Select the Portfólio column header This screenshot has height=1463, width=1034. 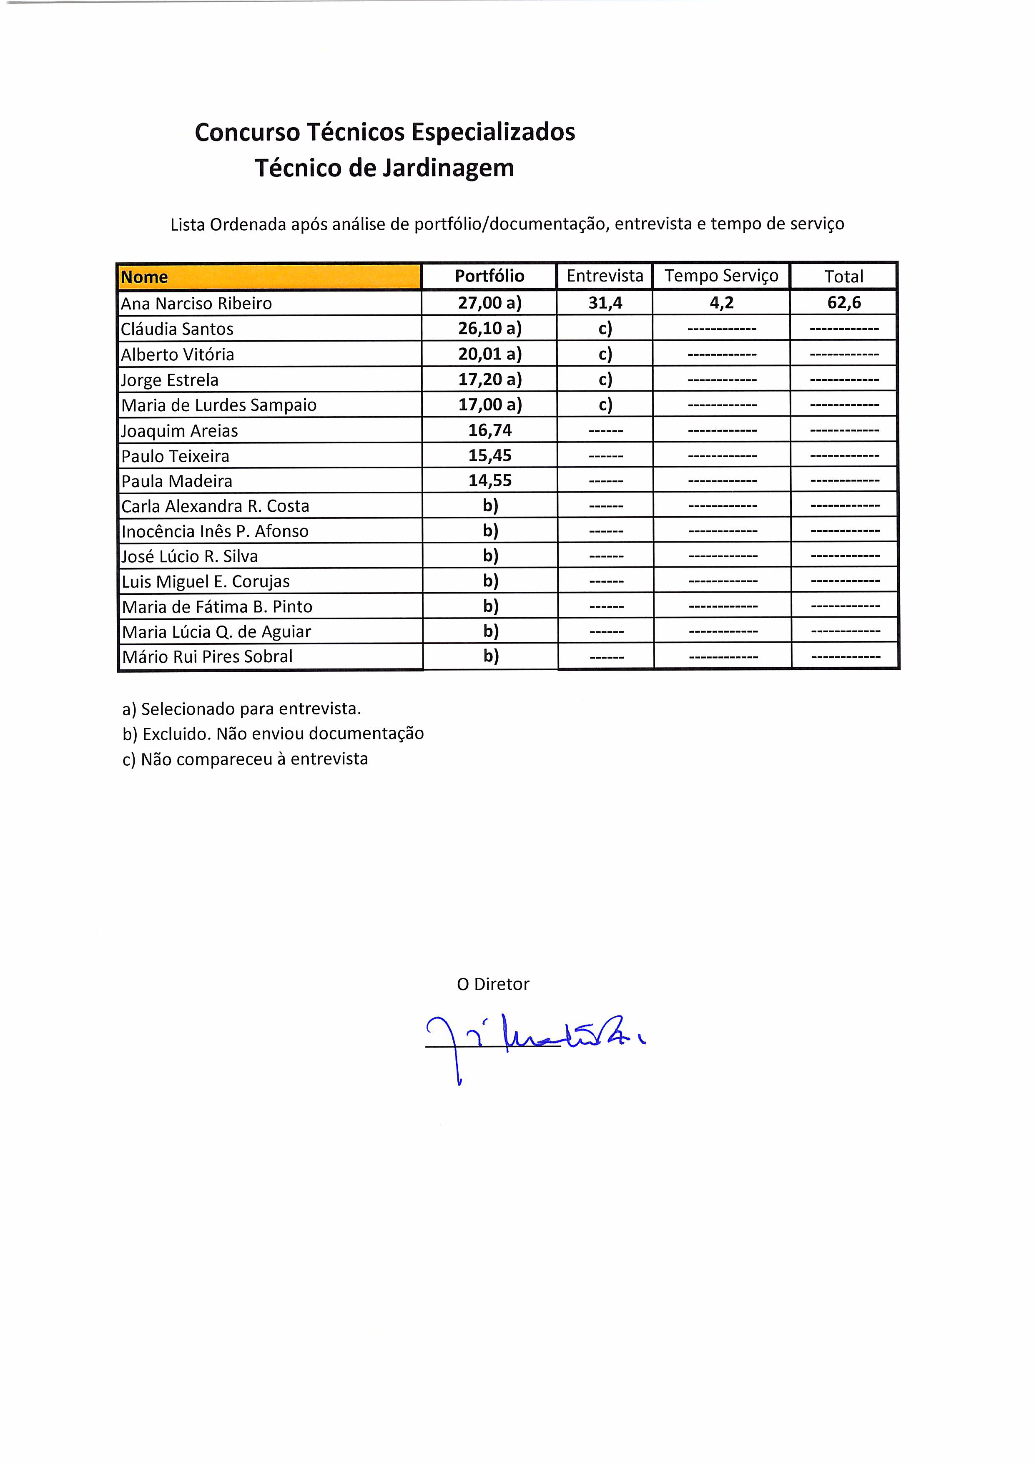click(x=489, y=276)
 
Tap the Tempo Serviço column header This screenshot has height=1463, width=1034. click(x=721, y=276)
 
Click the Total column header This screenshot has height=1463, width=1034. click(x=843, y=277)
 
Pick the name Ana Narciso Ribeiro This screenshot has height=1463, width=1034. click(x=196, y=303)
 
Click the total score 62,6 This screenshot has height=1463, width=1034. click(x=844, y=303)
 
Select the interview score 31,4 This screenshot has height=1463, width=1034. click(x=605, y=303)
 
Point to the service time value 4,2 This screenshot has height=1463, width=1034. click(x=721, y=303)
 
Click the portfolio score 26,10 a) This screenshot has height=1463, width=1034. click(x=489, y=328)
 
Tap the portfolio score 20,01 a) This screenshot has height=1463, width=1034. click(x=489, y=354)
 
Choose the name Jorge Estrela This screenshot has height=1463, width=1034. click(x=170, y=380)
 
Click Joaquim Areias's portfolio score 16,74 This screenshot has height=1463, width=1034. click(x=490, y=430)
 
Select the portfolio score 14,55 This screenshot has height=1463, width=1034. click(x=490, y=480)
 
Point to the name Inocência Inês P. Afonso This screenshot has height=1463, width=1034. click(x=215, y=531)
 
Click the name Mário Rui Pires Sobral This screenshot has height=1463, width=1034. click(x=207, y=656)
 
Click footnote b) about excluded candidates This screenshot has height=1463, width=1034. click(x=273, y=734)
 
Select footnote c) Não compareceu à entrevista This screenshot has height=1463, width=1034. click(x=245, y=759)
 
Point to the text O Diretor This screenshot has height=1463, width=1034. click(x=492, y=985)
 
